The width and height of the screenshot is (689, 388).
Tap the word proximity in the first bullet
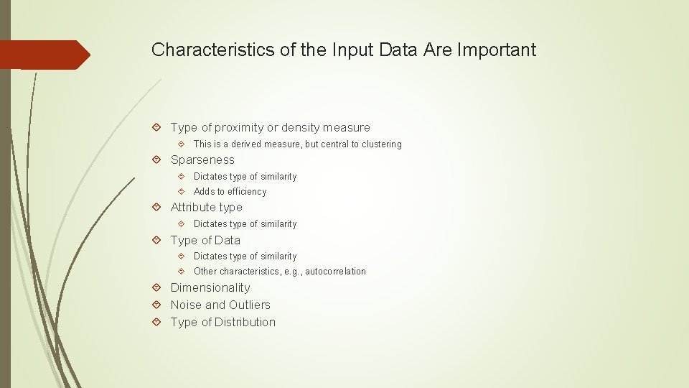point(240,128)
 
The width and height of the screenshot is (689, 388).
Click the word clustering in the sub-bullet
point(381,144)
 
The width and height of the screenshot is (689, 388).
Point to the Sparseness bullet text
point(202,160)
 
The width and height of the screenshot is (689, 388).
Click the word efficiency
point(247,192)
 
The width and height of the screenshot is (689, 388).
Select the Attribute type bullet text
point(206,208)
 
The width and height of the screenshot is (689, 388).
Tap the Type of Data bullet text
point(205,241)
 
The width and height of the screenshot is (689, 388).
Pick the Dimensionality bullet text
point(210,288)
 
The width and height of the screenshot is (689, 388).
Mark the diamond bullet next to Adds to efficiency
point(181,192)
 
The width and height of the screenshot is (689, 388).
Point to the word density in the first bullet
point(301,128)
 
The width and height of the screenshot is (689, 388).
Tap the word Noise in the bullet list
point(185,305)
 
